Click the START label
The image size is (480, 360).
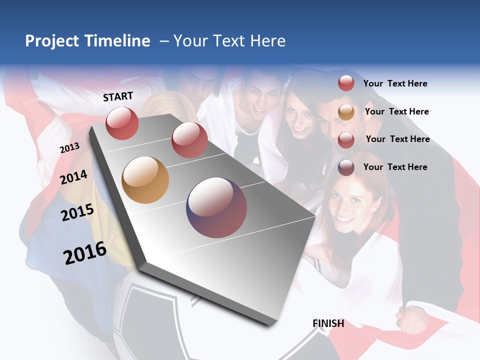click(x=118, y=96)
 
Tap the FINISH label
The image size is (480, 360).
click(x=328, y=323)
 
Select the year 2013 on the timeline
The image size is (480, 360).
click(x=69, y=148)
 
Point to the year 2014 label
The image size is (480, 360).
click(x=74, y=177)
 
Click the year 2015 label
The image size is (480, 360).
click(x=77, y=212)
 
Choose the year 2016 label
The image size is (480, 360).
click(x=85, y=253)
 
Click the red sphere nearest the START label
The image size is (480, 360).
click(x=122, y=123)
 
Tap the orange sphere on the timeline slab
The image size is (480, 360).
click(x=145, y=180)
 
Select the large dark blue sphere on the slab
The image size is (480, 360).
click(x=216, y=207)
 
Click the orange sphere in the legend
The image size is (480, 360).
click(x=346, y=112)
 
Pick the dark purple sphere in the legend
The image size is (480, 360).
click(x=346, y=167)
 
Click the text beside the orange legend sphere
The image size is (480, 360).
click(x=396, y=111)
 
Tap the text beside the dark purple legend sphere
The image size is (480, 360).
click(x=395, y=167)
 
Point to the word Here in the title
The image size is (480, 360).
click(x=267, y=41)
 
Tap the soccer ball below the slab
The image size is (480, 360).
click(x=150, y=320)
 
